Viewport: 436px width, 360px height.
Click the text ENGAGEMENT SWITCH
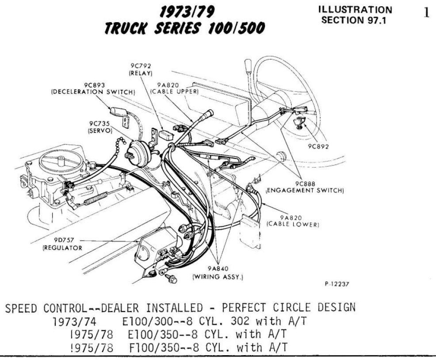(x=305, y=190)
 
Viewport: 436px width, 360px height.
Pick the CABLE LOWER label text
(x=293, y=224)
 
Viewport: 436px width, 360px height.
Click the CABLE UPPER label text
(x=174, y=92)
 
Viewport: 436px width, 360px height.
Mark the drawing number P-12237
(x=337, y=284)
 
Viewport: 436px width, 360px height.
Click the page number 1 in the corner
(x=426, y=12)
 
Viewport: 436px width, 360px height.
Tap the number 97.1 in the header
(x=375, y=20)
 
